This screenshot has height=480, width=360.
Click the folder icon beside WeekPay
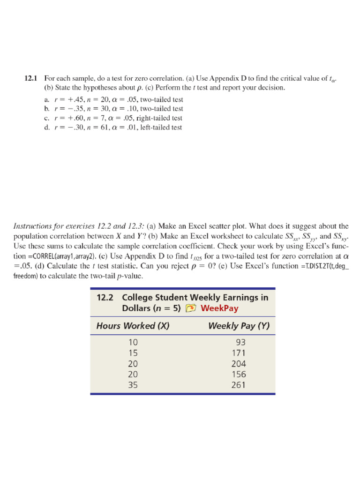(190, 308)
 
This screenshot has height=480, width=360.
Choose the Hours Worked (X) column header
(133, 326)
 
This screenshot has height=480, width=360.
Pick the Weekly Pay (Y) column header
(239, 326)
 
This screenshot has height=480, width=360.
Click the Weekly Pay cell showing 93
(241, 343)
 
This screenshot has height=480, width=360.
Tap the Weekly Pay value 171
(239, 353)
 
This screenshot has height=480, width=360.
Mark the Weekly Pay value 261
(239, 386)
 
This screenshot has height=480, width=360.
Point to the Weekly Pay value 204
(239, 364)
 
